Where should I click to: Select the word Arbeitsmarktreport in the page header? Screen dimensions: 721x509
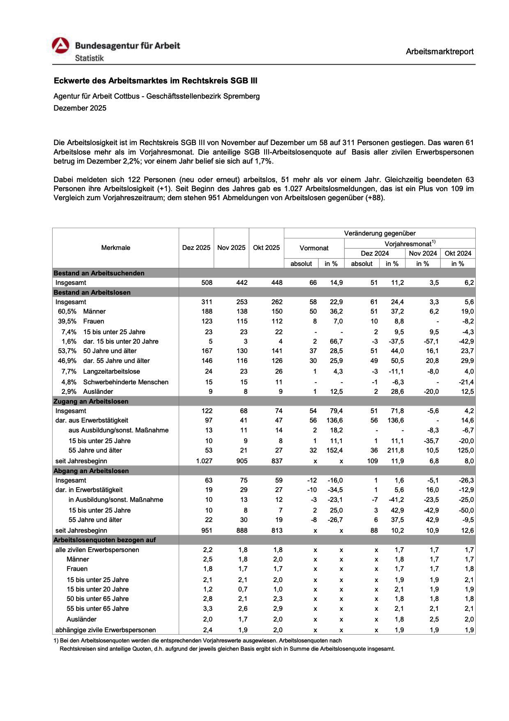coord(440,51)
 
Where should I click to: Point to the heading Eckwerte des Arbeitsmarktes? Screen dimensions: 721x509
coord(155,81)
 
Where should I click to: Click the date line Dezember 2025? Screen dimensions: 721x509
coord(80,108)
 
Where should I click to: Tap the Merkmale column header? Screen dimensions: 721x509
coord(115,247)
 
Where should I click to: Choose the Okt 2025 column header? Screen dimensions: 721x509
coord(266,247)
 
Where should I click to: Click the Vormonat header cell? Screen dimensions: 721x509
coord(314,248)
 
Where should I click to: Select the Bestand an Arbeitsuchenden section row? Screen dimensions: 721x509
coord(99,273)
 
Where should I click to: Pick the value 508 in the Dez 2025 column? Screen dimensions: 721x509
coord(207,282)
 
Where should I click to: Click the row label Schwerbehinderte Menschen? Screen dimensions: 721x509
coord(126,382)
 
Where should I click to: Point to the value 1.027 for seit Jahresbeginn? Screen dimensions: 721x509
coord(204,461)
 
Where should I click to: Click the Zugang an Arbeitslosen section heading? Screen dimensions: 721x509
coord(91,401)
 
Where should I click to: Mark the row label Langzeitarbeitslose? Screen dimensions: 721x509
coord(111,371)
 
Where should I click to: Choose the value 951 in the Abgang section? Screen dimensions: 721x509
coord(207,530)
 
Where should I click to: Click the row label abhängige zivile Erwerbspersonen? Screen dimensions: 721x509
coord(106,630)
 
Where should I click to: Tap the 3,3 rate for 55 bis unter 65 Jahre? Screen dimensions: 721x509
coord(208,608)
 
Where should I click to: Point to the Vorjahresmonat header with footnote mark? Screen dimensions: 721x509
coord(410,243)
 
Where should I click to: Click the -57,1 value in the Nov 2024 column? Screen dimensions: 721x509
coord(431,341)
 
